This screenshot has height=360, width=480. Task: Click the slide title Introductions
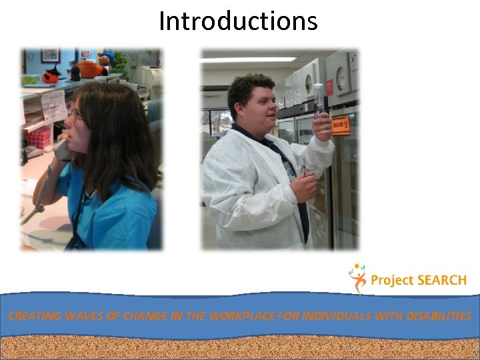pos(238,21)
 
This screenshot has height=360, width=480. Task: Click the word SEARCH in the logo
pos(441,280)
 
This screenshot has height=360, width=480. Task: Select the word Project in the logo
pos(391,281)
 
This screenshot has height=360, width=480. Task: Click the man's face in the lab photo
pos(251,107)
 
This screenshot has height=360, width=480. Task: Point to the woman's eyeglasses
pos(75,115)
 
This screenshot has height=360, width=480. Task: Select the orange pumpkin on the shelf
pos(87,69)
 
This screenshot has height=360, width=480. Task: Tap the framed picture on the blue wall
pos(50,55)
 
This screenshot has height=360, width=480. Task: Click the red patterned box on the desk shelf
pos(40,137)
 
